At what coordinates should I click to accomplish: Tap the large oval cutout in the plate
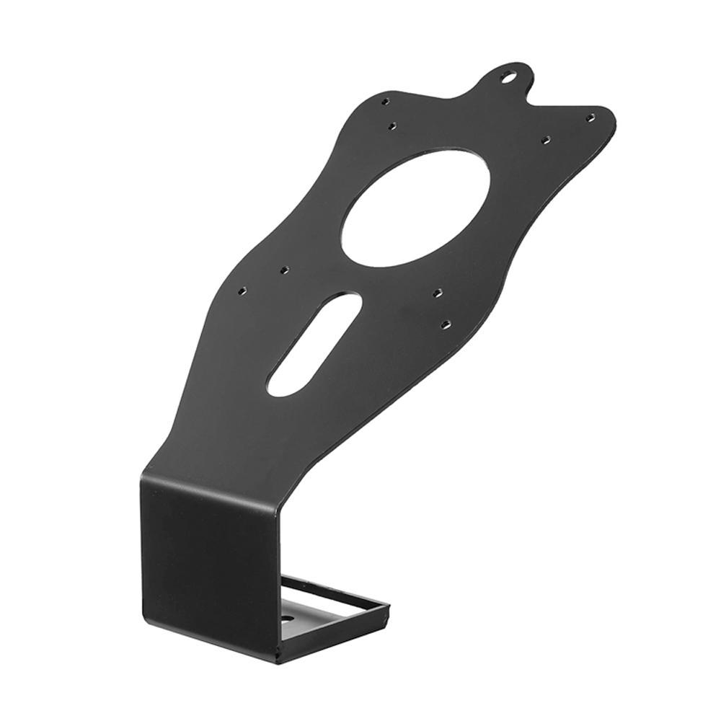(416, 208)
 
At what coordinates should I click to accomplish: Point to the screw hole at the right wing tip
(590, 118)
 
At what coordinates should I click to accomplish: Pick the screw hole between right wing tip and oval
(546, 138)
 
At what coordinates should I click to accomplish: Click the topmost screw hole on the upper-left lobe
(386, 102)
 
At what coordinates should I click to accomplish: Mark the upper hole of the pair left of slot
(283, 270)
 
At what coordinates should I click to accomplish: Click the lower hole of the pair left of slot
(242, 291)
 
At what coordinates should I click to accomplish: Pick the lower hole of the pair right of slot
(446, 324)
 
